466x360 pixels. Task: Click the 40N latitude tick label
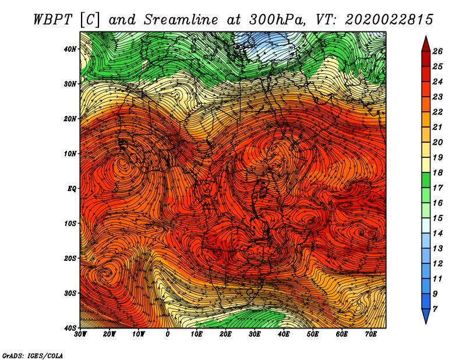coord(70,49)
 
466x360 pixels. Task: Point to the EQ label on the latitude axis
coord(72,189)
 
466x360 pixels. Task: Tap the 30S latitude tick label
coord(70,293)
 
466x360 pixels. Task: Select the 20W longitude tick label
coord(109,334)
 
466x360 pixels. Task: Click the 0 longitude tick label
coord(168,334)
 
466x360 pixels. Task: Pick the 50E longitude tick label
coord(313,334)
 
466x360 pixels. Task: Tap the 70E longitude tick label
coord(370,334)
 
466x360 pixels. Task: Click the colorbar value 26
coord(437,51)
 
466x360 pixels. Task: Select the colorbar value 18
coord(437,172)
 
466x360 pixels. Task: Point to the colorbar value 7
coord(435,309)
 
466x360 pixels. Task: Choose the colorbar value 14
coord(437,234)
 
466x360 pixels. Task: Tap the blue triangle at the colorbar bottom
coord(426,316)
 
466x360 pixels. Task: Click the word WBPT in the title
coord(53,20)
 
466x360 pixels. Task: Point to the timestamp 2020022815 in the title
coord(389,20)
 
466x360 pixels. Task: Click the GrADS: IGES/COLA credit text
coord(33,355)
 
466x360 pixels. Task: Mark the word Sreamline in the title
coord(181,20)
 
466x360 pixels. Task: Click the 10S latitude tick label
coord(70,223)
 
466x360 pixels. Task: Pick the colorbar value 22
coord(437,112)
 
